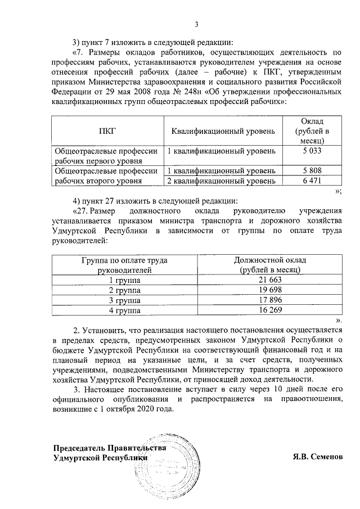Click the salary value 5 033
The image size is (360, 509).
tap(311, 151)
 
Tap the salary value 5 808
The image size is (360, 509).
tap(311, 170)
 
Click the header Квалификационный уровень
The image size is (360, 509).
tap(223, 131)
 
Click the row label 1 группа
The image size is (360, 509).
tap(124, 280)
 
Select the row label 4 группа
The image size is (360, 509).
tap(124, 310)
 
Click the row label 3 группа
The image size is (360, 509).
tap(124, 300)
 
